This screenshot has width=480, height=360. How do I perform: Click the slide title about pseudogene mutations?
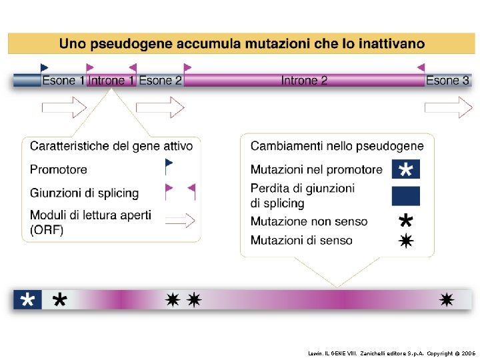click(x=241, y=44)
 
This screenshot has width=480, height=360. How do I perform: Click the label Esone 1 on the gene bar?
click(x=63, y=81)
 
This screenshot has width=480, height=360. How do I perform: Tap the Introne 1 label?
click(x=111, y=81)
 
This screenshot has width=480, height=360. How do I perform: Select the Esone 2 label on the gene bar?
click(x=160, y=81)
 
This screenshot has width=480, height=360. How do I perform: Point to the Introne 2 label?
click(x=304, y=81)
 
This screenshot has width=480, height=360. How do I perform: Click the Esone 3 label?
click(x=447, y=81)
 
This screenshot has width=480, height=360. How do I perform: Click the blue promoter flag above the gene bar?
click(x=44, y=67)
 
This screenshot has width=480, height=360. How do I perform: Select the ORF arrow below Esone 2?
click(x=160, y=107)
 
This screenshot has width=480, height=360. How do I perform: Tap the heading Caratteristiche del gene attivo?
click(x=111, y=146)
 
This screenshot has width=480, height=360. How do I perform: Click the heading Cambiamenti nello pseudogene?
click(x=337, y=146)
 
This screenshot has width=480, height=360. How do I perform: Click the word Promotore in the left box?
click(x=59, y=169)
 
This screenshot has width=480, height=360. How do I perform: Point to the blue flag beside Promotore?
click(x=169, y=164)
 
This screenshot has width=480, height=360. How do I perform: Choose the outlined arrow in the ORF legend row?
click(x=180, y=221)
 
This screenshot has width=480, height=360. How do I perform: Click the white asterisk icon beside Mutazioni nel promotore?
click(x=405, y=170)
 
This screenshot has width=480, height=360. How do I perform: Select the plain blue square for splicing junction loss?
click(x=405, y=195)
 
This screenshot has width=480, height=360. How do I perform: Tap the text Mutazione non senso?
click(x=309, y=221)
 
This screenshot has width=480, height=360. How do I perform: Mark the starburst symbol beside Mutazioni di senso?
click(x=405, y=241)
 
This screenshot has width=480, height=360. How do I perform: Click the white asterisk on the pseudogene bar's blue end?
click(x=27, y=300)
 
